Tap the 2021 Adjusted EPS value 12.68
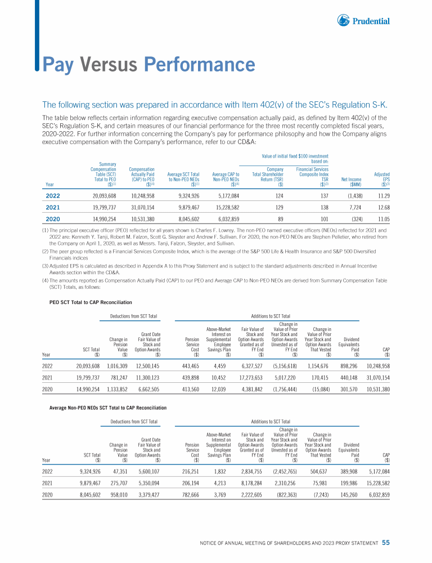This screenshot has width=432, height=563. [x=382, y=208]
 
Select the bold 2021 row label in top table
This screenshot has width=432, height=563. [x=53, y=208]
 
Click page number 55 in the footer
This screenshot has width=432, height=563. [x=386, y=543]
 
